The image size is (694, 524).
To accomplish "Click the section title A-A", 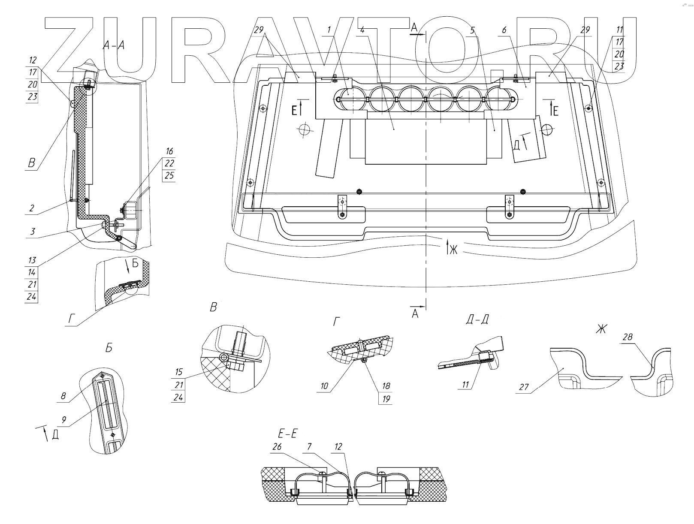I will tap(114, 45).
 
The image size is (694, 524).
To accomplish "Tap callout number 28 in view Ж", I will tap(627, 337).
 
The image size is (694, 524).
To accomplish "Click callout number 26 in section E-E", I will tap(277, 447).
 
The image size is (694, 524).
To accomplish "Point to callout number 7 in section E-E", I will tap(310, 447).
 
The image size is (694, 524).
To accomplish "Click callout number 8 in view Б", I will tap(63, 396).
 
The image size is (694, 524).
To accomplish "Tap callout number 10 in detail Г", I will tap(324, 386).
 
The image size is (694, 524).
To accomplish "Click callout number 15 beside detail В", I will tap(178, 372).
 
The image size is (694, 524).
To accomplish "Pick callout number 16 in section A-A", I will tap(169, 151).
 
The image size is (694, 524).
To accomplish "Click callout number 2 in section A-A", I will tap(32, 208).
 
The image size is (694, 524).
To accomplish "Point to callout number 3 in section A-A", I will tap(32, 232).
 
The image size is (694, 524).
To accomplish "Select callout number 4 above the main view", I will tap(362, 30).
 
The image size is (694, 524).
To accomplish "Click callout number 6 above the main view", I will tap(504, 30).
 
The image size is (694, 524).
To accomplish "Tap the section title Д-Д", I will tap(477, 320).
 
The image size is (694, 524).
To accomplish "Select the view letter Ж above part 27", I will tap(601, 329).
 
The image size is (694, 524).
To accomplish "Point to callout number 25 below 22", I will tap(169, 176).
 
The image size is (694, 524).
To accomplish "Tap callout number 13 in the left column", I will tap(32, 260).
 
